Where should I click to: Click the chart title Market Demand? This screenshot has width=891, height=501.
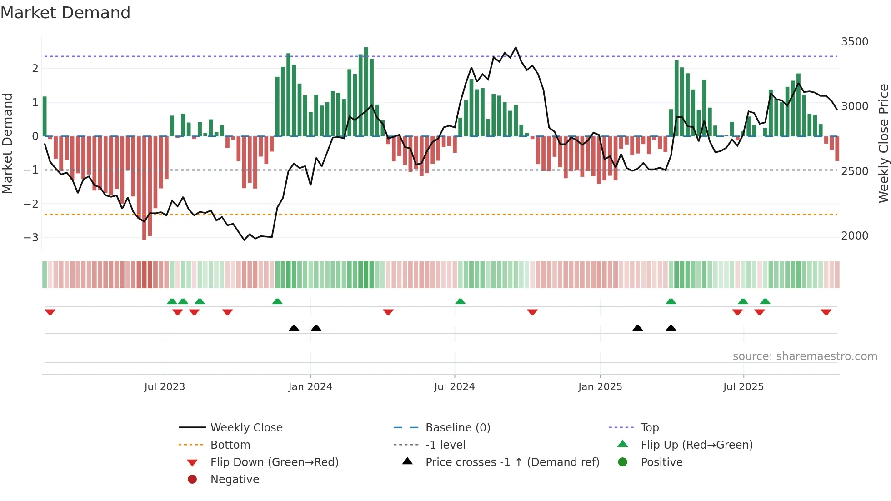point(65,13)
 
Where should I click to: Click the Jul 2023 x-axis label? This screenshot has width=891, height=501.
point(165,387)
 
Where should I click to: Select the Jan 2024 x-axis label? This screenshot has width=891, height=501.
point(310,387)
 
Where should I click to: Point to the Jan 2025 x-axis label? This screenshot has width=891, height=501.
point(600,387)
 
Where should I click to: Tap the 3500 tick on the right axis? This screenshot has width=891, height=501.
point(855,42)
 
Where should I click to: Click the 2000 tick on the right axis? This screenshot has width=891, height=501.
point(855,236)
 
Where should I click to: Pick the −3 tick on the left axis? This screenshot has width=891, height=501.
point(31,238)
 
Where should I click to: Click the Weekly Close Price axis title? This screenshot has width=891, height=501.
point(883,143)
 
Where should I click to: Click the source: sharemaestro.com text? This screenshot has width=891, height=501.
point(805,356)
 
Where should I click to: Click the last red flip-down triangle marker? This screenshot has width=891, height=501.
point(826,312)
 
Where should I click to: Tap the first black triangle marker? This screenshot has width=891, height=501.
point(294,328)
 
